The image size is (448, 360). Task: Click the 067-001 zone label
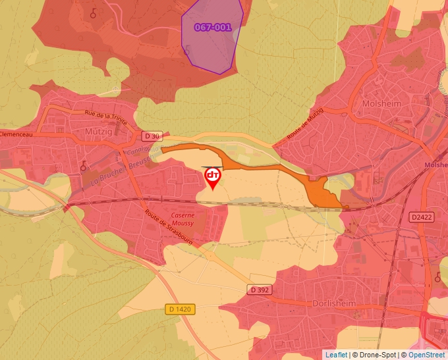click(x=213, y=28)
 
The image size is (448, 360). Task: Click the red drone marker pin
click(x=213, y=177)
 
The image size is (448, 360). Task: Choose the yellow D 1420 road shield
click(x=179, y=309)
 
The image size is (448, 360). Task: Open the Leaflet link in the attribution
click(x=336, y=355)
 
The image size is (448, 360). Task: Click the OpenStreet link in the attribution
click(x=427, y=355)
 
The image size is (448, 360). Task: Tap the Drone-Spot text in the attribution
click(x=378, y=355)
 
